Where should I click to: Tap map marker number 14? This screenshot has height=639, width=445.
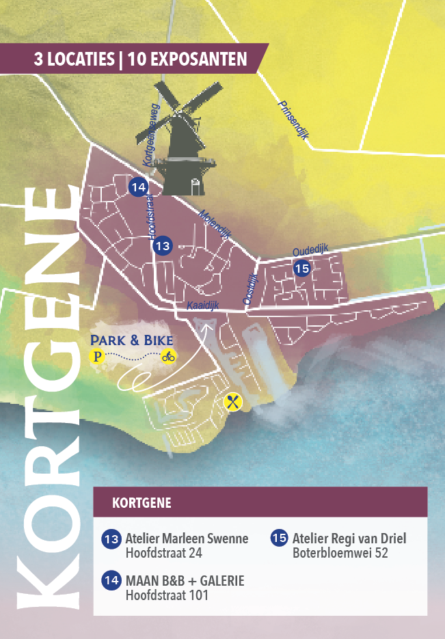point(138,187)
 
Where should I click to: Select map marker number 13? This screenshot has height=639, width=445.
point(163,245)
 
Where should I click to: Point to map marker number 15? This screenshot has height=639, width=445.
point(302,269)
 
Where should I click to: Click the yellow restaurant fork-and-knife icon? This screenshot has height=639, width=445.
point(233,401)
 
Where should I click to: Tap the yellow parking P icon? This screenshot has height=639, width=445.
point(98,356)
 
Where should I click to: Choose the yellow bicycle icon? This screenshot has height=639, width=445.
point(168,356)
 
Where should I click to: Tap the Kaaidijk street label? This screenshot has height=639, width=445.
point(202,306)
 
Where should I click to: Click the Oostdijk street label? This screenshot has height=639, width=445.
point(250,288)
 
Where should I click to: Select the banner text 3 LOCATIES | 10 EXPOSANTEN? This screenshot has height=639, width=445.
point(140,59)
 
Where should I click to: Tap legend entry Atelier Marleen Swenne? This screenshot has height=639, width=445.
point(187,539)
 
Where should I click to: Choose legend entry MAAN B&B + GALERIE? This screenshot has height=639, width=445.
point(185,581)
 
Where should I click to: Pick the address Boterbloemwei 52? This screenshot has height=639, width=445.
point(340,553)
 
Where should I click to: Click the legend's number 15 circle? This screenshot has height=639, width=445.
point(280,539)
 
